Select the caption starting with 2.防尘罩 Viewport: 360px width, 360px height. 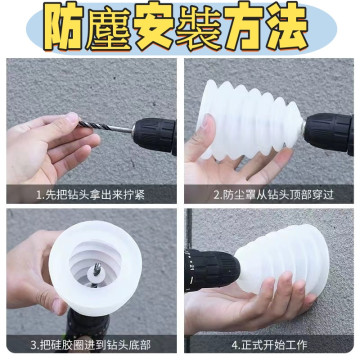point(270,196)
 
